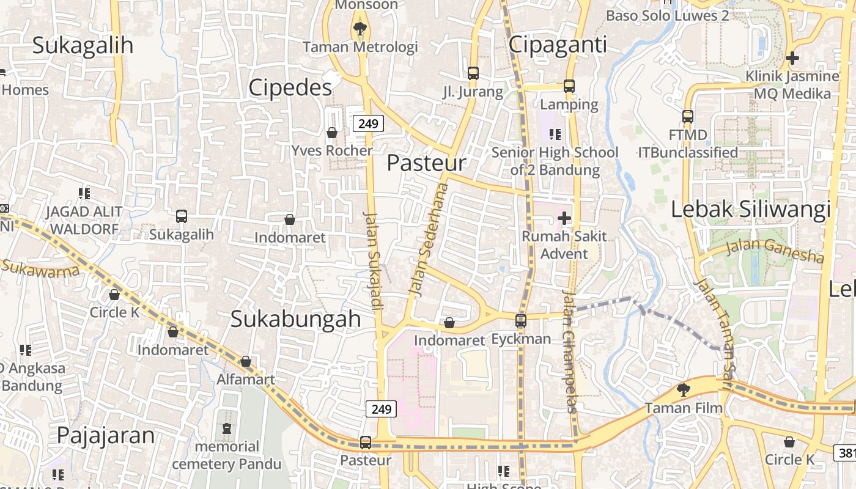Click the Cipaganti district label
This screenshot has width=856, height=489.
click(558, 45)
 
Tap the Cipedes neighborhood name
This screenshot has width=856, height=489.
click(290, 88)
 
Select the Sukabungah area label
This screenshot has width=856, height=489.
click(295, 319)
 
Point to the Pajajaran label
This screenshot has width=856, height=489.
click(106, 435)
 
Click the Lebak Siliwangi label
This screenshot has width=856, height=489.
click(751, 209)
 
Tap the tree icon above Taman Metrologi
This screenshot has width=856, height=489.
click(360, 28)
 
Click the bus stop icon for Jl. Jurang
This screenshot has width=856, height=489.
click(473, 73)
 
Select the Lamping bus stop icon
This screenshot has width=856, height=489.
click(569, 86)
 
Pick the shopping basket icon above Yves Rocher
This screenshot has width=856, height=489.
click(332, 133)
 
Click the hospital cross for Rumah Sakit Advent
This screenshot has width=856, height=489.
click(564, 218)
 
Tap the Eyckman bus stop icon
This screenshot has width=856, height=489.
click(521, 320)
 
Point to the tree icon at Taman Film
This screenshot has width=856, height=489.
click(683, 389)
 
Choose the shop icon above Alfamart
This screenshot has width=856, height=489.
click(246, 362)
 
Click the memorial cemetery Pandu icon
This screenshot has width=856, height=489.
click(227, 428)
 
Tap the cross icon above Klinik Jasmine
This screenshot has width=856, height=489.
click(792, 59)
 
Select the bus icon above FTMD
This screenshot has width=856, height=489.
click(688, 116)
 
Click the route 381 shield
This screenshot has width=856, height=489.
click(846, 453)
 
